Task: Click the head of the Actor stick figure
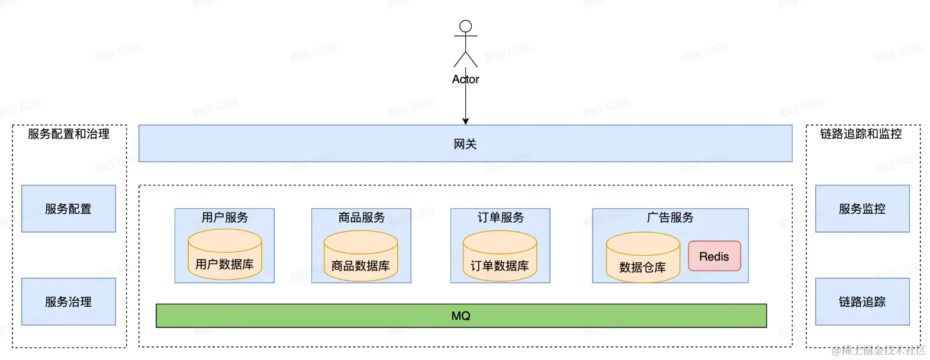[x=466, y=26]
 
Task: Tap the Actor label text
[x=465, y=79]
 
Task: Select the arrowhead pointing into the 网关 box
[x=465, y=121]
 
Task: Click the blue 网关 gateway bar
[x=465, y=143]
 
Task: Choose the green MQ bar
[x=461, y=316]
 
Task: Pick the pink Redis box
[x=714, y=256]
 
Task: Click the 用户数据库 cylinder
[x=224, y=256]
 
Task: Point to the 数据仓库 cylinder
[x=642, y=258]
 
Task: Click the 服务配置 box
[x=69, y=208]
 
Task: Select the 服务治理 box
[x=69, y=301]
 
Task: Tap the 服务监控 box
[x=862, y=208]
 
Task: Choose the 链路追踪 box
[x=862, y=301]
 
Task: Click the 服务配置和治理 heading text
[x=69, y=134]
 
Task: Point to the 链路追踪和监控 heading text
[x=861, y=134]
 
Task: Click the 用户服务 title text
[x=224, y=217]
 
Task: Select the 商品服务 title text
[x=361, y=217]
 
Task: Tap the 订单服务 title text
[x=500, y=217]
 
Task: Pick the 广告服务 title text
[x=670, y=217]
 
